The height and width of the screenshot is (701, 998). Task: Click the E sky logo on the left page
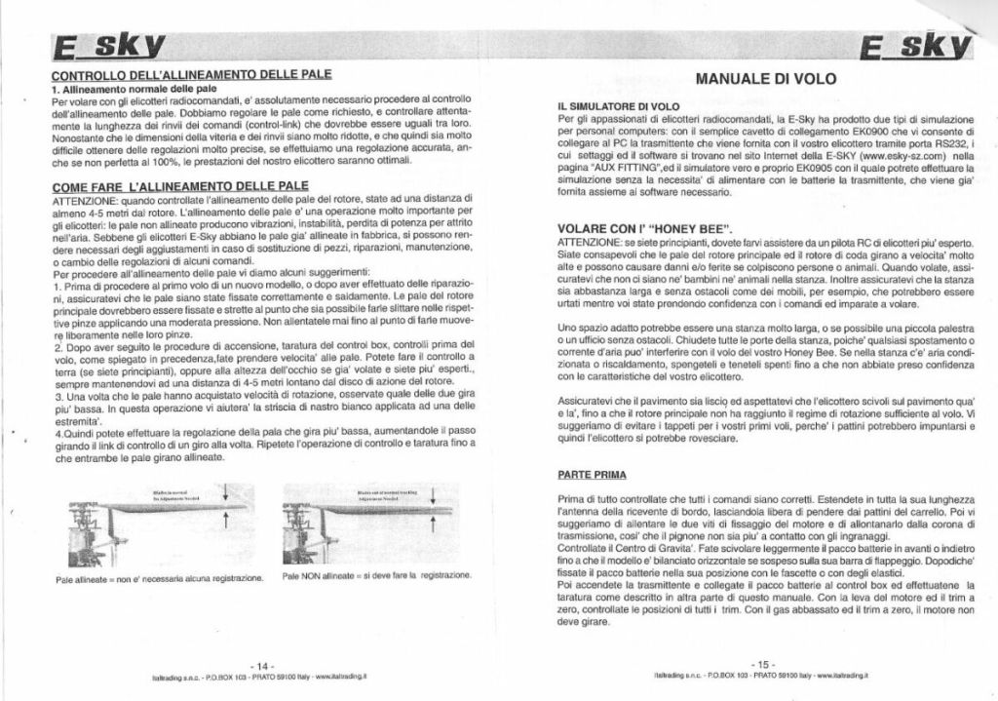point(108,46)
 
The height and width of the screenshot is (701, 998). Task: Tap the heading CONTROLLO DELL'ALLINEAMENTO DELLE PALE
point(191,74)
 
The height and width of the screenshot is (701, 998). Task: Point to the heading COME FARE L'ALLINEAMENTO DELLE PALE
point(180,185)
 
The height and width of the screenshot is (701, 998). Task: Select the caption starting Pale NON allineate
point(376,576)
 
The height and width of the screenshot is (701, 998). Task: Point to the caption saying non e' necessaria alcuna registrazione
point(161,578)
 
